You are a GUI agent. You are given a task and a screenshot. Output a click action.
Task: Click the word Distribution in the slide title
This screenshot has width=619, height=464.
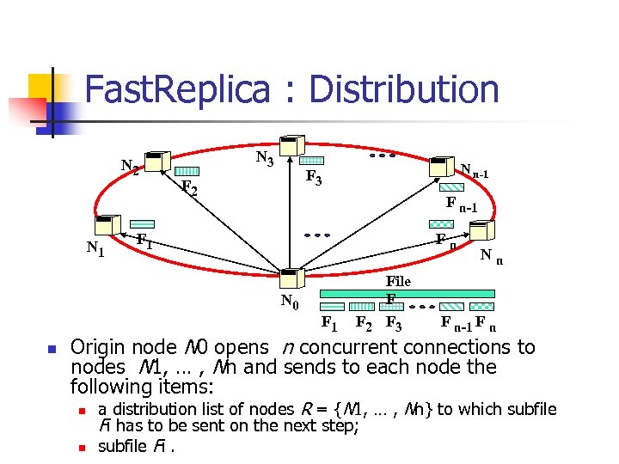404,90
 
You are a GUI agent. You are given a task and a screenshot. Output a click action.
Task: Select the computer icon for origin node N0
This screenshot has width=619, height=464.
291,278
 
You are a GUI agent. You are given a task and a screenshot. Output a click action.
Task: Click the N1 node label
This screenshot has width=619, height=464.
95,248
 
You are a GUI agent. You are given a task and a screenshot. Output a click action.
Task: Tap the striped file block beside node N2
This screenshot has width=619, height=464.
187,171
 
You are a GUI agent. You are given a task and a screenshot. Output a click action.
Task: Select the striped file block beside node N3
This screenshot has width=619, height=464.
311,161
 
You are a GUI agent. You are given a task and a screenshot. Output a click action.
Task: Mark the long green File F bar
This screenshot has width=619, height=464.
408,293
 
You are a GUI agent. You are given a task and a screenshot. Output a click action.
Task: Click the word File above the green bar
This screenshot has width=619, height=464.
398,281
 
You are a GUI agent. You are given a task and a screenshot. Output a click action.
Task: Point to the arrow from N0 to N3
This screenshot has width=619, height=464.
291,215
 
